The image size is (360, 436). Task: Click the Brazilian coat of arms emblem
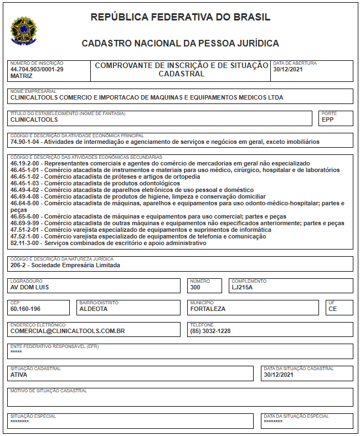[x=24, y=30]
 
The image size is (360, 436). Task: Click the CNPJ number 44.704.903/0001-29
[x=37, y=70]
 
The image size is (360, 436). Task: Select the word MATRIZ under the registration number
[x=22, y=76]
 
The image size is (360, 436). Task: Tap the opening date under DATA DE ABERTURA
[x=288, y=70]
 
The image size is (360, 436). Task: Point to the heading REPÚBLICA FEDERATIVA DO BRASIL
[x=180, y=17]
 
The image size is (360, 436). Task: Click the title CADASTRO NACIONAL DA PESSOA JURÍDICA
[x=180, y=43]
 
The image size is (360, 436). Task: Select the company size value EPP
[x=328, y=120]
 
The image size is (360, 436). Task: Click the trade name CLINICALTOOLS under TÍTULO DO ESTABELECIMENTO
[x=34, y=120]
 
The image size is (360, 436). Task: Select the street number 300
[x=195, y=287]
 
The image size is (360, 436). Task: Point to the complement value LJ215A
[x=242, y=287]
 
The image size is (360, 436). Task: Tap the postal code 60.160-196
[x=25, y=309]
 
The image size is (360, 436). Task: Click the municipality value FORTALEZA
[x=208, y=309]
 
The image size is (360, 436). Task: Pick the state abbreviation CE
[x=333, y=309]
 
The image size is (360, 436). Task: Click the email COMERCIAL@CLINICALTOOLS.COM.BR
[x=68, y=331]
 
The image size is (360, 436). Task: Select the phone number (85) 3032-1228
[x=210, y=331]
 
